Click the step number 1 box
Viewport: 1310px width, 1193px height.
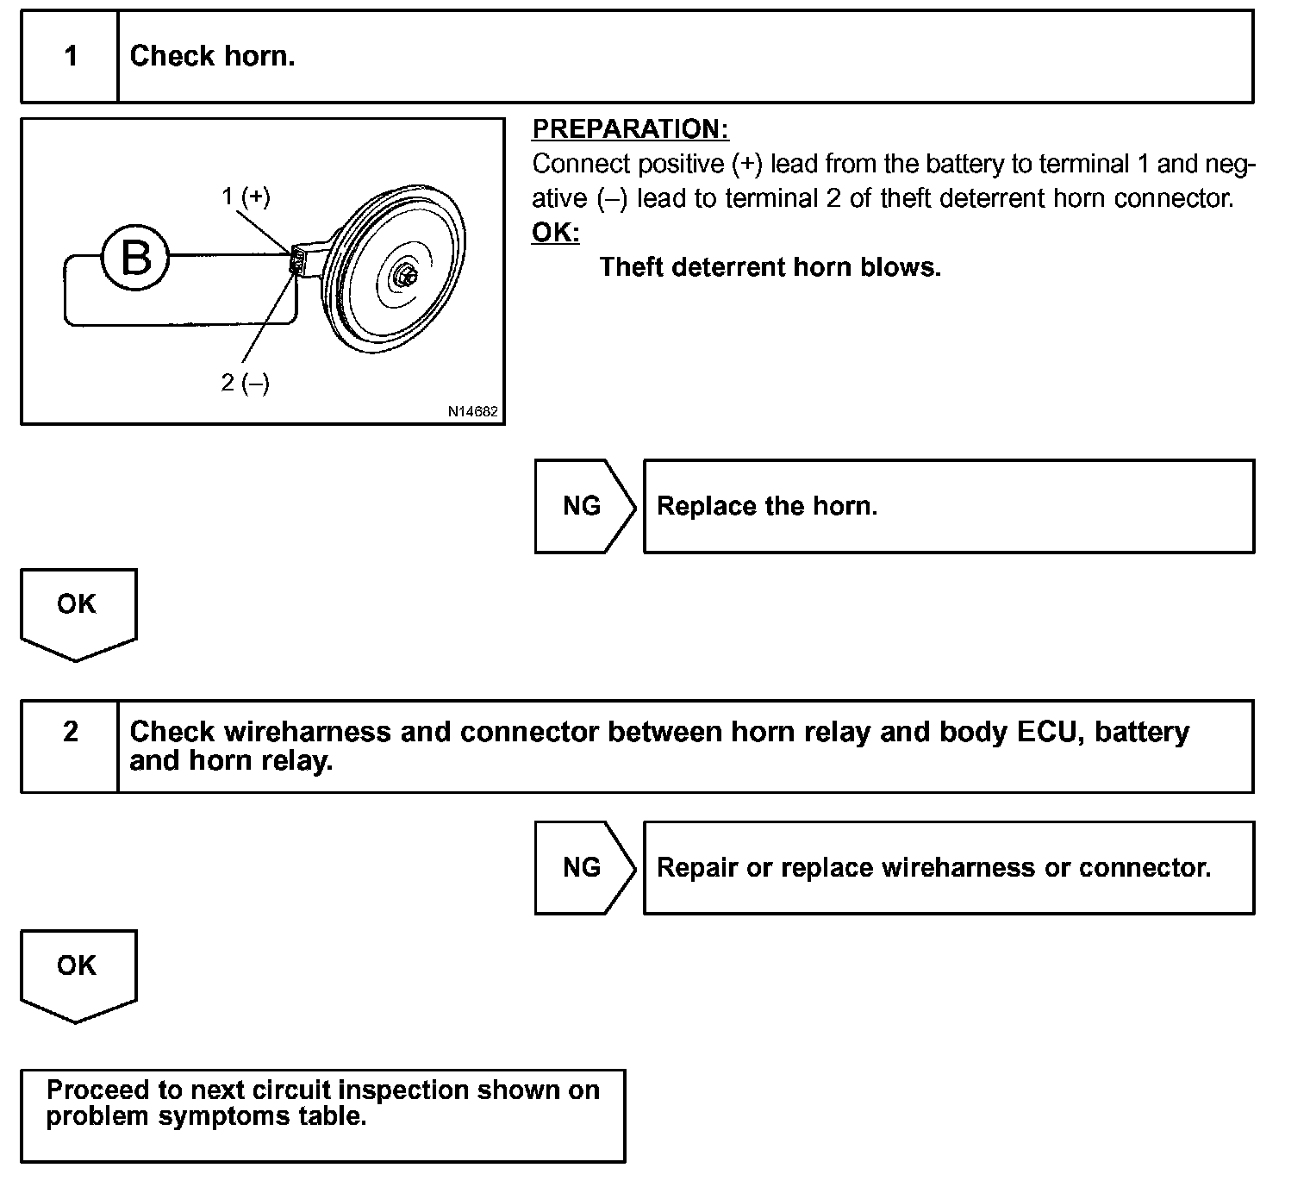coord(70,57)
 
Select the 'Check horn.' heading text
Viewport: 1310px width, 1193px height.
coord(212,57)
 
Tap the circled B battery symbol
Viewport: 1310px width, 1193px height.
coord(135,258)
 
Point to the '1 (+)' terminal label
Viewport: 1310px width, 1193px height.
coord(246,197)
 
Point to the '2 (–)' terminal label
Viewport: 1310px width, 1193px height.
coord(246,383)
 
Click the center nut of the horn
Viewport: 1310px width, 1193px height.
coord(403,277)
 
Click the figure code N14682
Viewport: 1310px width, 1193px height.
coord(472,412)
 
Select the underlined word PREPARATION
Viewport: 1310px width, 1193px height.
coord(630,129)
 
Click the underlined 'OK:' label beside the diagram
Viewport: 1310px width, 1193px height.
coord(555,233)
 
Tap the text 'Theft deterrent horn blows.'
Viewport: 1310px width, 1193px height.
coord(770,267)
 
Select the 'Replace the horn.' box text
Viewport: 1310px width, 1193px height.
coord(767,506)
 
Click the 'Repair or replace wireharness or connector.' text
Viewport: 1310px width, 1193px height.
coord(933,867)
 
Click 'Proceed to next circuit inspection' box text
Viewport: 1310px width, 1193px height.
coord(322,1102)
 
